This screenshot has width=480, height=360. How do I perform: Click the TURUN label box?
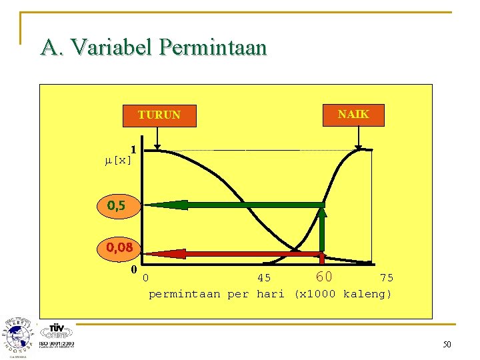pyautogui.click(x=159, y=115)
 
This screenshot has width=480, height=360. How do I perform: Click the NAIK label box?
pyautogui.click(x=353, y=114)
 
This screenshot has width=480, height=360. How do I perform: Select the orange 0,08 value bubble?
pyautogui.click(x=119, y=248)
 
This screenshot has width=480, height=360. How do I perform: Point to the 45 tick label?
pyautogui.click(x=264, y=278)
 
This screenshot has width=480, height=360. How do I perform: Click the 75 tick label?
pyautogui.click(x=386, y=278)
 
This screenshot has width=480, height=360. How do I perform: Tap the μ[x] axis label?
pyautogui.click(x=119, y=160)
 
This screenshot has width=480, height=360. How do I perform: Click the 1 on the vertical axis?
pyautogui.click(x=133, y=149)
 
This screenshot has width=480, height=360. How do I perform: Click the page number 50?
pyautogui.click(x=446, y=344)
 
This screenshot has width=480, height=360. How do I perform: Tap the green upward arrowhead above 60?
pyautogui.click(x=322, y=213)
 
